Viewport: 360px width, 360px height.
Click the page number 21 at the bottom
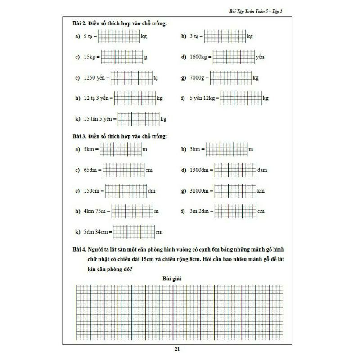pyautogui.click(x=180, y=349)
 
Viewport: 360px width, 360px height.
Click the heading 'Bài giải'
pyautogui.click(x=172, y=279)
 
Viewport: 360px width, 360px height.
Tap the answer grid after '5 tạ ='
pyautogui.click(x=119, y=36)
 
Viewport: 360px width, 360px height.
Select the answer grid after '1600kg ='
pyautogui.click(x=233, y=57)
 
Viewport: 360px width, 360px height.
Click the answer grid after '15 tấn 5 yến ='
pyautogui.click(x=138, y=119)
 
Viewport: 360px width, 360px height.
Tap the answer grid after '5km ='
pyautogui.click(x=120, y=149)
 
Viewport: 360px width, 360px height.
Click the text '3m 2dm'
pyautogui.click(x=199, y=211)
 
